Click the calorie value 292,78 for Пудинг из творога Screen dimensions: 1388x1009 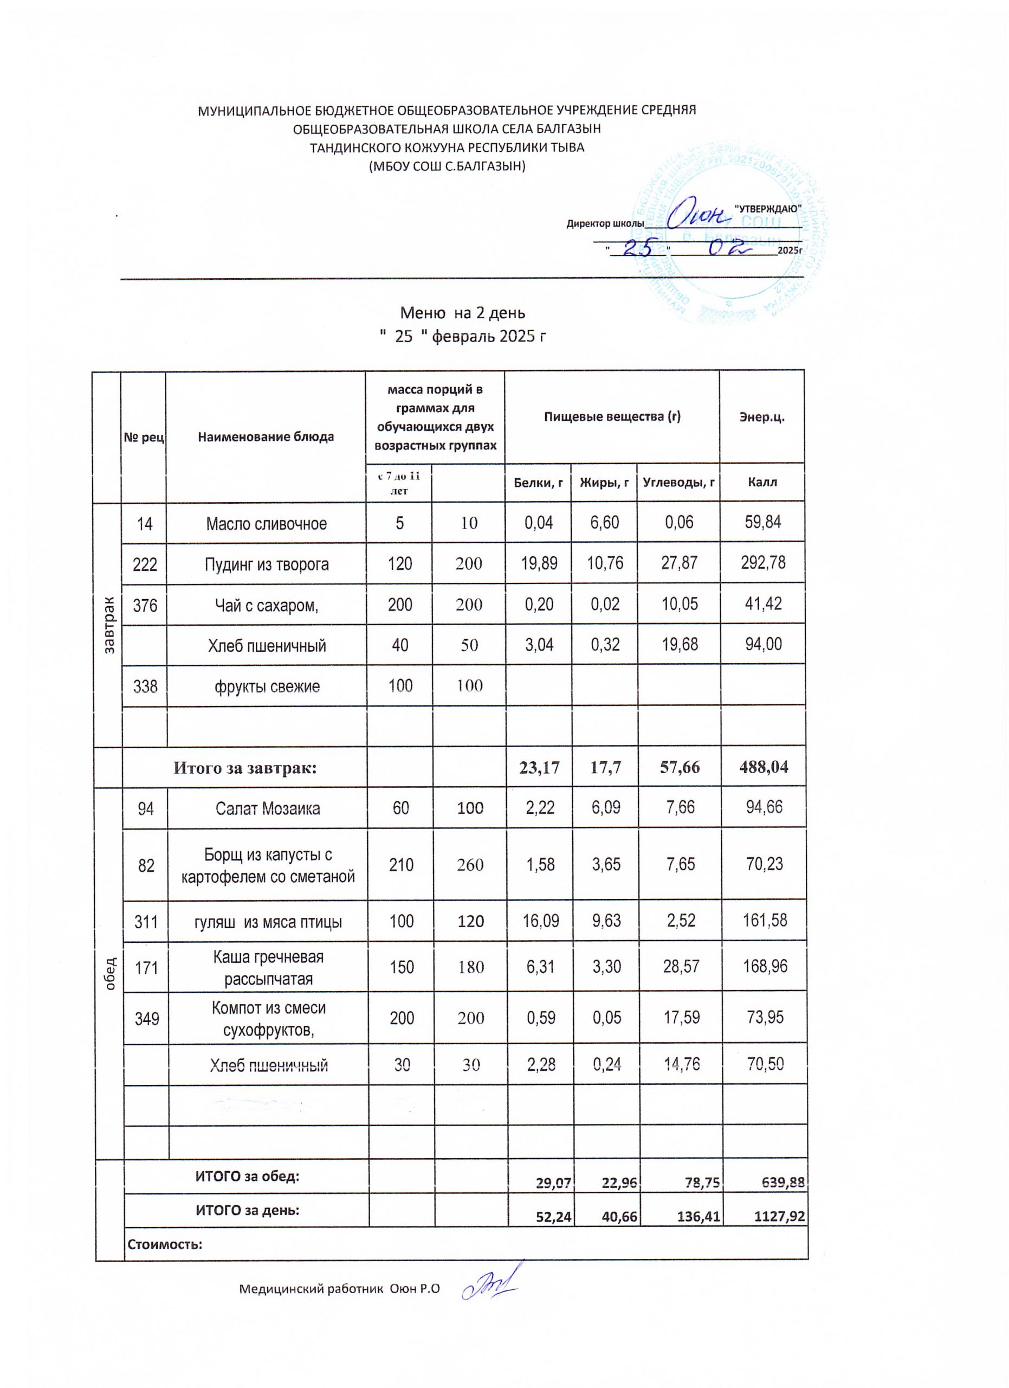(763, 563)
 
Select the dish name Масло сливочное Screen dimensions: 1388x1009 (266, 524)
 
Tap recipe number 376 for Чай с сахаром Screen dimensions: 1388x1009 (145, 605)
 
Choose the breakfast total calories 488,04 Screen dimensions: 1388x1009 (763, 767)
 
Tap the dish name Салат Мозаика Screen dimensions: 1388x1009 (268, 809)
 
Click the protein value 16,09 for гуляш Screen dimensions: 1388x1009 (539, 921)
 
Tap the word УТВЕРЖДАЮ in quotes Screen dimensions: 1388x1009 (767, 208)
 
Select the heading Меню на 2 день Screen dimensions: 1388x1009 (462, 313)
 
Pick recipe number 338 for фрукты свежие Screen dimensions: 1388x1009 (145, 686)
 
